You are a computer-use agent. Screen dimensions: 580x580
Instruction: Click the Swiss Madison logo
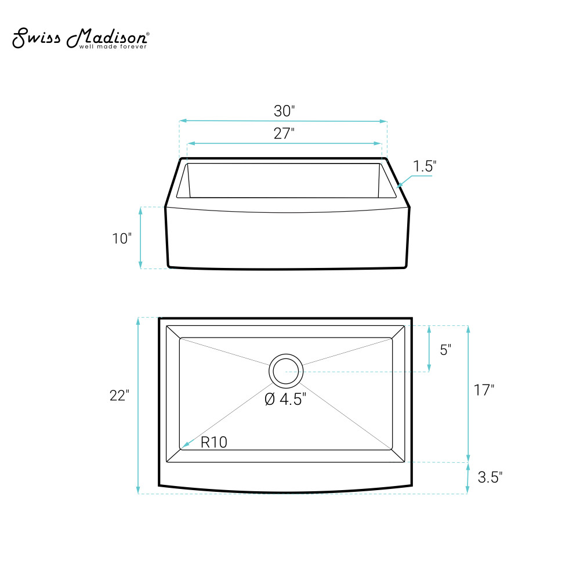point(81,38)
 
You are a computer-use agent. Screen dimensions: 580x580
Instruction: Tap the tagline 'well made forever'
point(113,46)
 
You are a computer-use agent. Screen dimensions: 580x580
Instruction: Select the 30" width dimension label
point(284,111)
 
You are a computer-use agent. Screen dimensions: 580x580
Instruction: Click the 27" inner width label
point(284,133)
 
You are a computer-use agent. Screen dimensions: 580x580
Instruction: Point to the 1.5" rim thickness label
point(425,166)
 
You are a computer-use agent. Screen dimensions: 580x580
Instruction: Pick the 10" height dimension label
point(122,238)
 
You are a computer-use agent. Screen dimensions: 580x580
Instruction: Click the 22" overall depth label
point(119,396)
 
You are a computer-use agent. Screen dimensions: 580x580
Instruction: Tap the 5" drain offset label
point(445,350)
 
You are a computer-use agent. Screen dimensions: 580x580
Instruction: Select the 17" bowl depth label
point(484,390)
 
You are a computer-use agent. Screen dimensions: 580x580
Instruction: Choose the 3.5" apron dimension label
point(490,477)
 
